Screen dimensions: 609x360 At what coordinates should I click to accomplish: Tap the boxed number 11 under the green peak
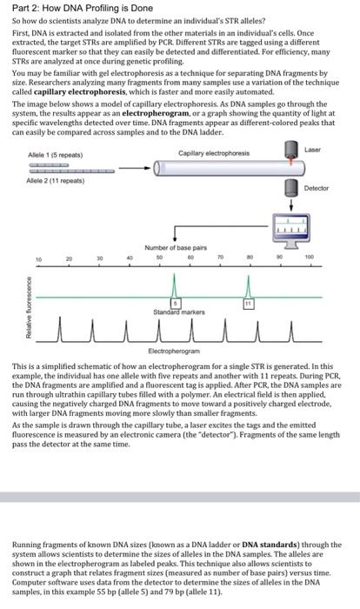(x=248, y=303)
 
